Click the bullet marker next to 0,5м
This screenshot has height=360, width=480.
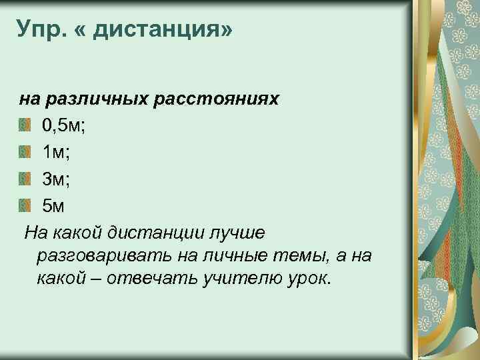(x=25, y=125)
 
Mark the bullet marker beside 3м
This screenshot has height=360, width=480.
(x=25, y=179)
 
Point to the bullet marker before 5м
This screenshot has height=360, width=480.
(x=25, y=206)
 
